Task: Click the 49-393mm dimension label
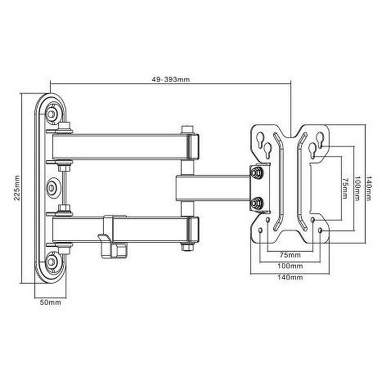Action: click(x=170, y=79)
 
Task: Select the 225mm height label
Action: click(x=17, y=188)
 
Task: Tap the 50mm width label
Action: click(x=51, y=302)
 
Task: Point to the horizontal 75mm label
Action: click(x=290, y=255)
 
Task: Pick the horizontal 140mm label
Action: click(x=290, y=277)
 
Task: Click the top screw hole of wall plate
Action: click(x=51, y=114)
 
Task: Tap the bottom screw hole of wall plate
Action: click(x=51, y=261)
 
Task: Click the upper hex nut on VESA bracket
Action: click(x=255, y=173)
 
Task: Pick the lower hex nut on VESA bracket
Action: click(x=255, y=204)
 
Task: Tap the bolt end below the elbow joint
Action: click(x=187, y=247)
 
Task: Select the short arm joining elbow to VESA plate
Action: click(x=213, y=188)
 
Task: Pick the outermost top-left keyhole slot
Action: click(x=260, y=137)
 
